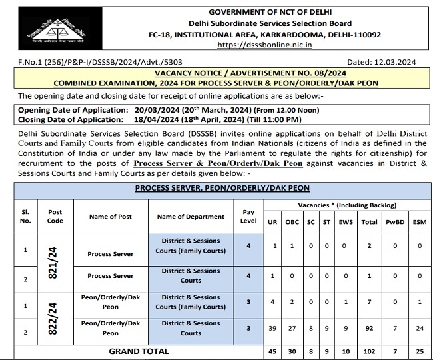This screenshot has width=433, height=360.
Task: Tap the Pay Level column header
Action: pos(249,216)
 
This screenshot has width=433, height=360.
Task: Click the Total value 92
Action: pos(369,328)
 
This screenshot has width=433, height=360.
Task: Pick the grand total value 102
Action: pos(369,351)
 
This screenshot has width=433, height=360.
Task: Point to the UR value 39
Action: pos(272,328)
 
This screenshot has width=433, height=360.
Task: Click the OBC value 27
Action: pos(291,328)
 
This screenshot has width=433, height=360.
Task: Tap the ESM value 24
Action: pos(419,328)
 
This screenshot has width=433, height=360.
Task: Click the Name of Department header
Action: pos(191,216)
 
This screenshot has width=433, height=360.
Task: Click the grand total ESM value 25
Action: pos(419,351)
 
